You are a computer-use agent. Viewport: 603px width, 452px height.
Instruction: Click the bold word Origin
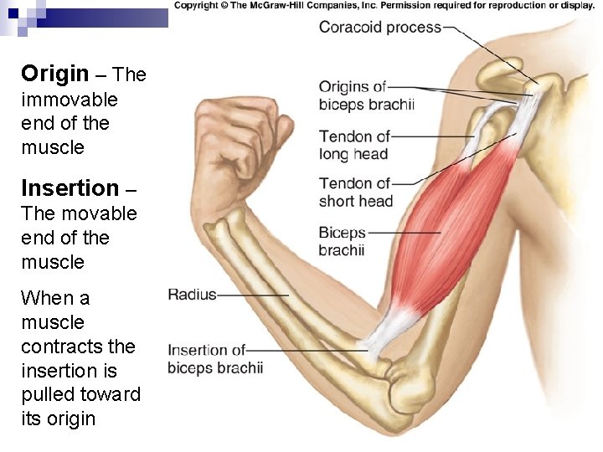[54, 74]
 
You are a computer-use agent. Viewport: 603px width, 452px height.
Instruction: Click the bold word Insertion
[70, 187]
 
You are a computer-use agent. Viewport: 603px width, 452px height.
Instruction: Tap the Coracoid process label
[379, 27]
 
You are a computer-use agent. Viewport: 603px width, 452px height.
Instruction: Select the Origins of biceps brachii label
[366, 95]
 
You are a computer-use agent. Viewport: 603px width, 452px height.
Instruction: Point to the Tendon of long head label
[354, 145]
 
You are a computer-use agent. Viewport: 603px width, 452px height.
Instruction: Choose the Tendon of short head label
[355, 192]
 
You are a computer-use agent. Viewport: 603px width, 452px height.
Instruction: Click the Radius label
[192, 295]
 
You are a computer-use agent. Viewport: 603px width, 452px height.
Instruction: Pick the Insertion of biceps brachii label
[214, 359]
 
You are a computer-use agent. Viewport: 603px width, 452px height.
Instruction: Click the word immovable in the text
[70, 100]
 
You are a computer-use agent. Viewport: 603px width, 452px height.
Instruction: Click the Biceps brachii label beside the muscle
[342, 241]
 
